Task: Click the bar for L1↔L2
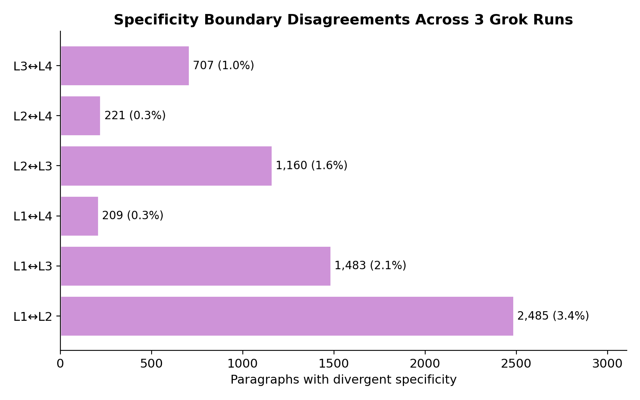[286, 316]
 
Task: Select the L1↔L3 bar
[195, 266]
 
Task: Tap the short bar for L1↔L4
[79, 216]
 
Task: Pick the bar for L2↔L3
[166, 166]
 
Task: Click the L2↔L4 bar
[80, 116]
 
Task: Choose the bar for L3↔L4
[124, 66]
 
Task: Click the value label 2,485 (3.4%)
[553, 316]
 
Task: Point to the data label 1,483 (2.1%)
[370, 266]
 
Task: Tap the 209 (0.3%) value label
[132, 216]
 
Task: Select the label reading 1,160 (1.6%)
[311, 166]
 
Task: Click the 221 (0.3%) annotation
[135, 116]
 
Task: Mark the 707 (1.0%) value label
[223, 66]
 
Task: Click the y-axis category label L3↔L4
[33, 66]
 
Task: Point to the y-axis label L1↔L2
[33, 317]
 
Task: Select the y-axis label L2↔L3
[33, 166]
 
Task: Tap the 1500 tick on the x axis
[334, 364]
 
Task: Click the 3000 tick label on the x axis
[607, 364]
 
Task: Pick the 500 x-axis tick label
[152, 364]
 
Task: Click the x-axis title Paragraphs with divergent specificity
[343, 380]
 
